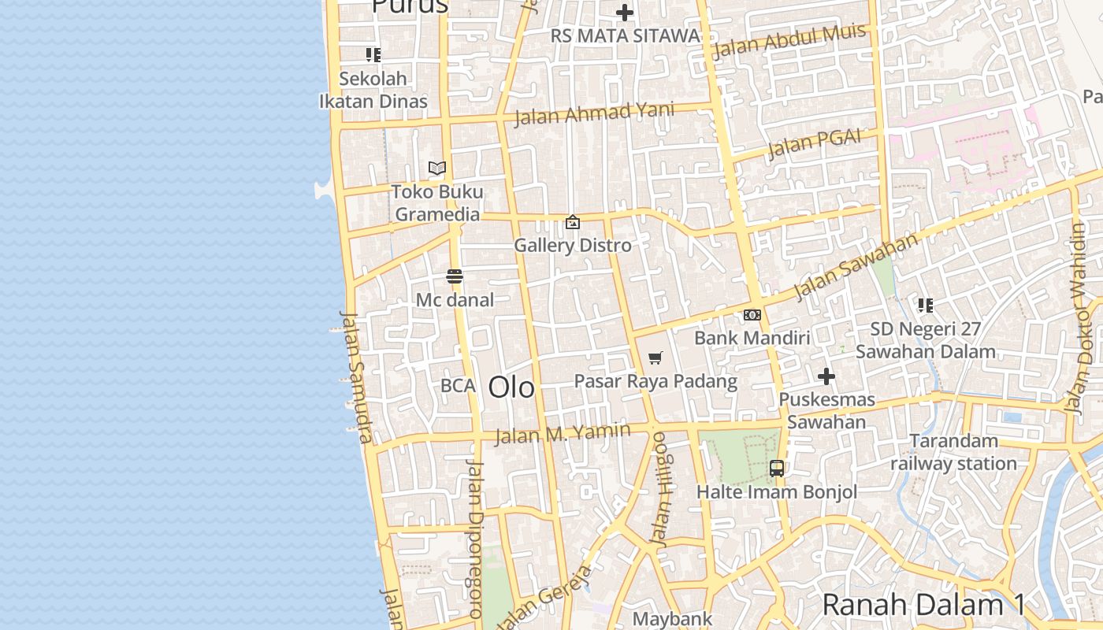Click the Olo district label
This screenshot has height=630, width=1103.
pyautogui.click(x=511, y=387)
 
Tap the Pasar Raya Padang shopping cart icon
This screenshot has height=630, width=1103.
pyautogui.click(x=655, y=359)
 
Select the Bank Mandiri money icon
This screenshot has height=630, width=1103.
pyautogui.click(x=752, y=315)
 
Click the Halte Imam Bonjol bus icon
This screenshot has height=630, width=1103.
pyautogui.click(x=777, y=469)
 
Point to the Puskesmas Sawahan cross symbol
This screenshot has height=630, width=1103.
pyautogui.click(x=826, y=376)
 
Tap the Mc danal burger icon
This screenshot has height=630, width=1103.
pyautogui.click(x=455, y=276)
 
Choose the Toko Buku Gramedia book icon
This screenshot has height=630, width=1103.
pyautogui.click(x=437, y=168)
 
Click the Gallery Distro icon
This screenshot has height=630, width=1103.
pyautogui.click(x=573, y=223)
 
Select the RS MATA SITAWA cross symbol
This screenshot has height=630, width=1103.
pyautogui.click(x=625, y=13)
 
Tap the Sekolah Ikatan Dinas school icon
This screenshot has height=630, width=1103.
pyautogui.click(x=373, y=55)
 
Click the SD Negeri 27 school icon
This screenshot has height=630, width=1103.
pyautogui.click(x=925, y=305)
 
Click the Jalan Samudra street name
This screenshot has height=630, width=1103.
pyautogui.click(x=355, y=376)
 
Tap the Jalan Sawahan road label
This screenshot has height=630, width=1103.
pyautogui.click(x=856, y=266)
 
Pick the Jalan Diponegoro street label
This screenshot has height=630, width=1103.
pyautogui.click(x=474, y=539)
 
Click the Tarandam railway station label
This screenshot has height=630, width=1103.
pyautogui.click(x=953, y=452)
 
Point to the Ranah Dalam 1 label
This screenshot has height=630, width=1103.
pyautogui.click(x=923, y=605)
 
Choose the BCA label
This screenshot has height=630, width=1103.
pyautogui.click(x=458, y=386)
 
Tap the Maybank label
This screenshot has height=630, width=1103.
pyautogui.click(x=672, y=619)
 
